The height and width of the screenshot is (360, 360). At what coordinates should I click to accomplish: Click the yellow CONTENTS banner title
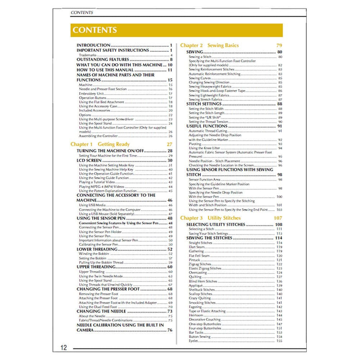point(95,30)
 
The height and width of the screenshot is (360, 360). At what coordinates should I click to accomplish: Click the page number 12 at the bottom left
point(64,348)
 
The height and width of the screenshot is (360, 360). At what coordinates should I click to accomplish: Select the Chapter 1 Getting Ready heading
point(100,144)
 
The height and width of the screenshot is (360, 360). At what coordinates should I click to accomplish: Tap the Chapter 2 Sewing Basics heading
point(209,45)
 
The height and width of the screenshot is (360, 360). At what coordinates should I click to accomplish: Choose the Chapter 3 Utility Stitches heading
point(210,218)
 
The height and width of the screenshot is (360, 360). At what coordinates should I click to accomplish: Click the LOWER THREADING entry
point(97,249)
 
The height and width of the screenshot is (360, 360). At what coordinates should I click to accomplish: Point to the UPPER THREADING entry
point(97,266)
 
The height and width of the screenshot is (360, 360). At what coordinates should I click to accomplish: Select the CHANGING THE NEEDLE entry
point(102,311)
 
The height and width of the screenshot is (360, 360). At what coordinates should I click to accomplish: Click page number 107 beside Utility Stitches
point(278,218)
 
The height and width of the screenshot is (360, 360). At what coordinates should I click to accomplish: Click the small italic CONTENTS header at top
point(82,12)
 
